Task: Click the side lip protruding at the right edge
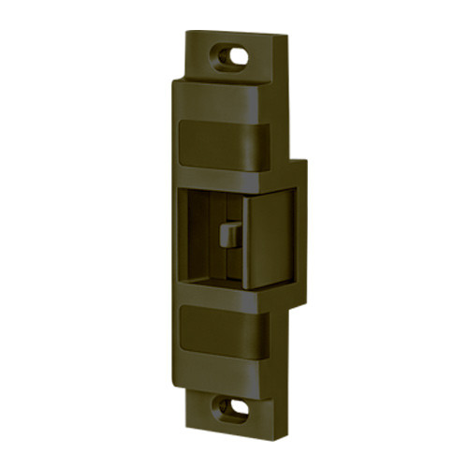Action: click(300, 234)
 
